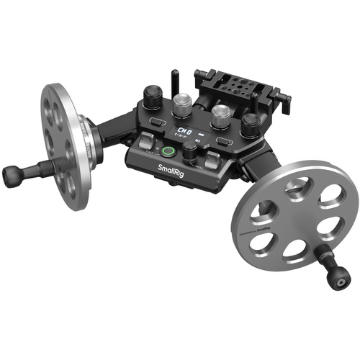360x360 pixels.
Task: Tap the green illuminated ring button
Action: point(169,152)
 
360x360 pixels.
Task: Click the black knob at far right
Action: point(250,125)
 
